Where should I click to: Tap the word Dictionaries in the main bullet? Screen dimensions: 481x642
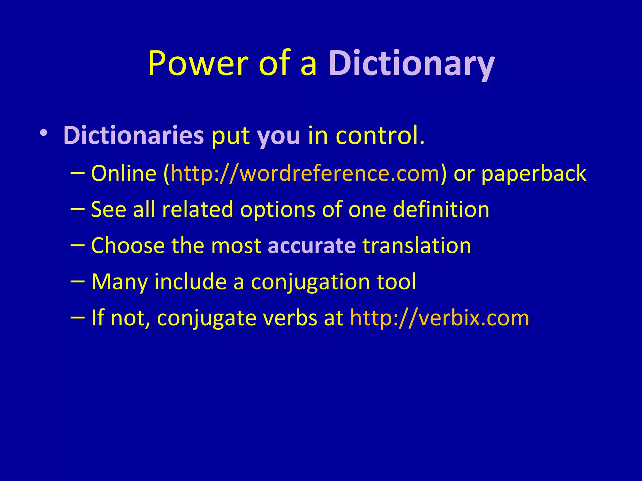[x=134, y=136]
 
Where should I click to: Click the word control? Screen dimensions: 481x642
[x=380, y=136]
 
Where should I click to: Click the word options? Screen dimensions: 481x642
[x=277, y=210]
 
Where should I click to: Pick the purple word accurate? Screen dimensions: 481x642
[x=312, y=246]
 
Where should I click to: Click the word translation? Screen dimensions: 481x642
[x=417, y=246]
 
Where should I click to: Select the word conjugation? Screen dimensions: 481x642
[x=310, y=282]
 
